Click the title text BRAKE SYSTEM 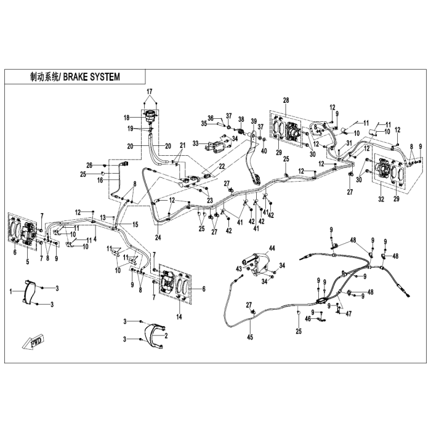click(x=92, y=77)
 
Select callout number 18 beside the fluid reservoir click(x=126, y=118)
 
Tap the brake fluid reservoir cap click(x=150, y=113)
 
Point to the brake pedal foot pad click(x=256, y=179)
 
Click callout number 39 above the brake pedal click(x=254, y=121)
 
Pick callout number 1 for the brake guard click(x=11, y=291)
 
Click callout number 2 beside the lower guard click(x=166, y=336)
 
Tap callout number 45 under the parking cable click(x=250, y=337)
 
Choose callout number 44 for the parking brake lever click(x=272, y=249)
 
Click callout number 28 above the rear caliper click(x=286, y=100)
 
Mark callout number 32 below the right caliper click(x=381, y=199)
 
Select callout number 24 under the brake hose click(x=158, y=237)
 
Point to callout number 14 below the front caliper click(x=179, y=317)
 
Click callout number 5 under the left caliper click(x=28, y=262)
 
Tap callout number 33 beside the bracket click(x=196, y=143)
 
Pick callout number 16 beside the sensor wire click(x=100, y=180)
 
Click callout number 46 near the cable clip click(x=308, y=319)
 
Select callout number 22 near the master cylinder click(x=222, y=166)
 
